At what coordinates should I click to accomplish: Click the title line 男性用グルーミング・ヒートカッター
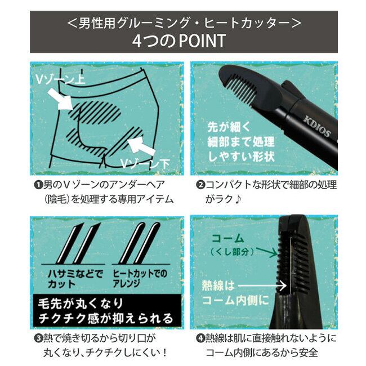click(182, 23)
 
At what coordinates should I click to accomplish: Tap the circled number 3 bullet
click(38, 338)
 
